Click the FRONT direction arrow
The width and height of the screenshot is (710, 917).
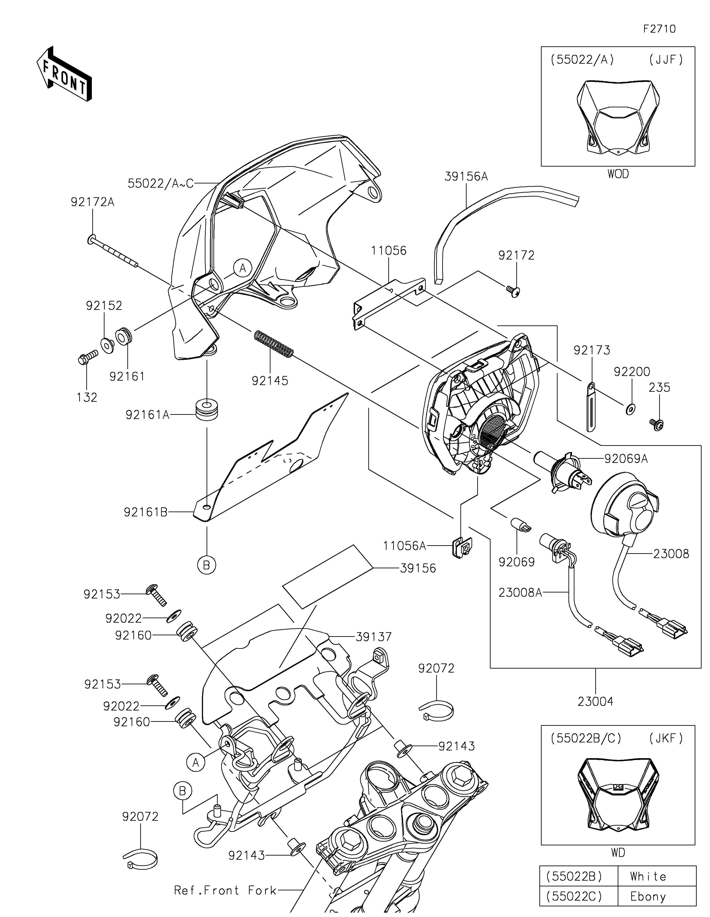pyautogui.click(x=64, y=73)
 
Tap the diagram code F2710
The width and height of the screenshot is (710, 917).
pyautogui.click(x=660, y=29)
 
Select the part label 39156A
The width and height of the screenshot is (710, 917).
pyautogui.click(x=466, y=176)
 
